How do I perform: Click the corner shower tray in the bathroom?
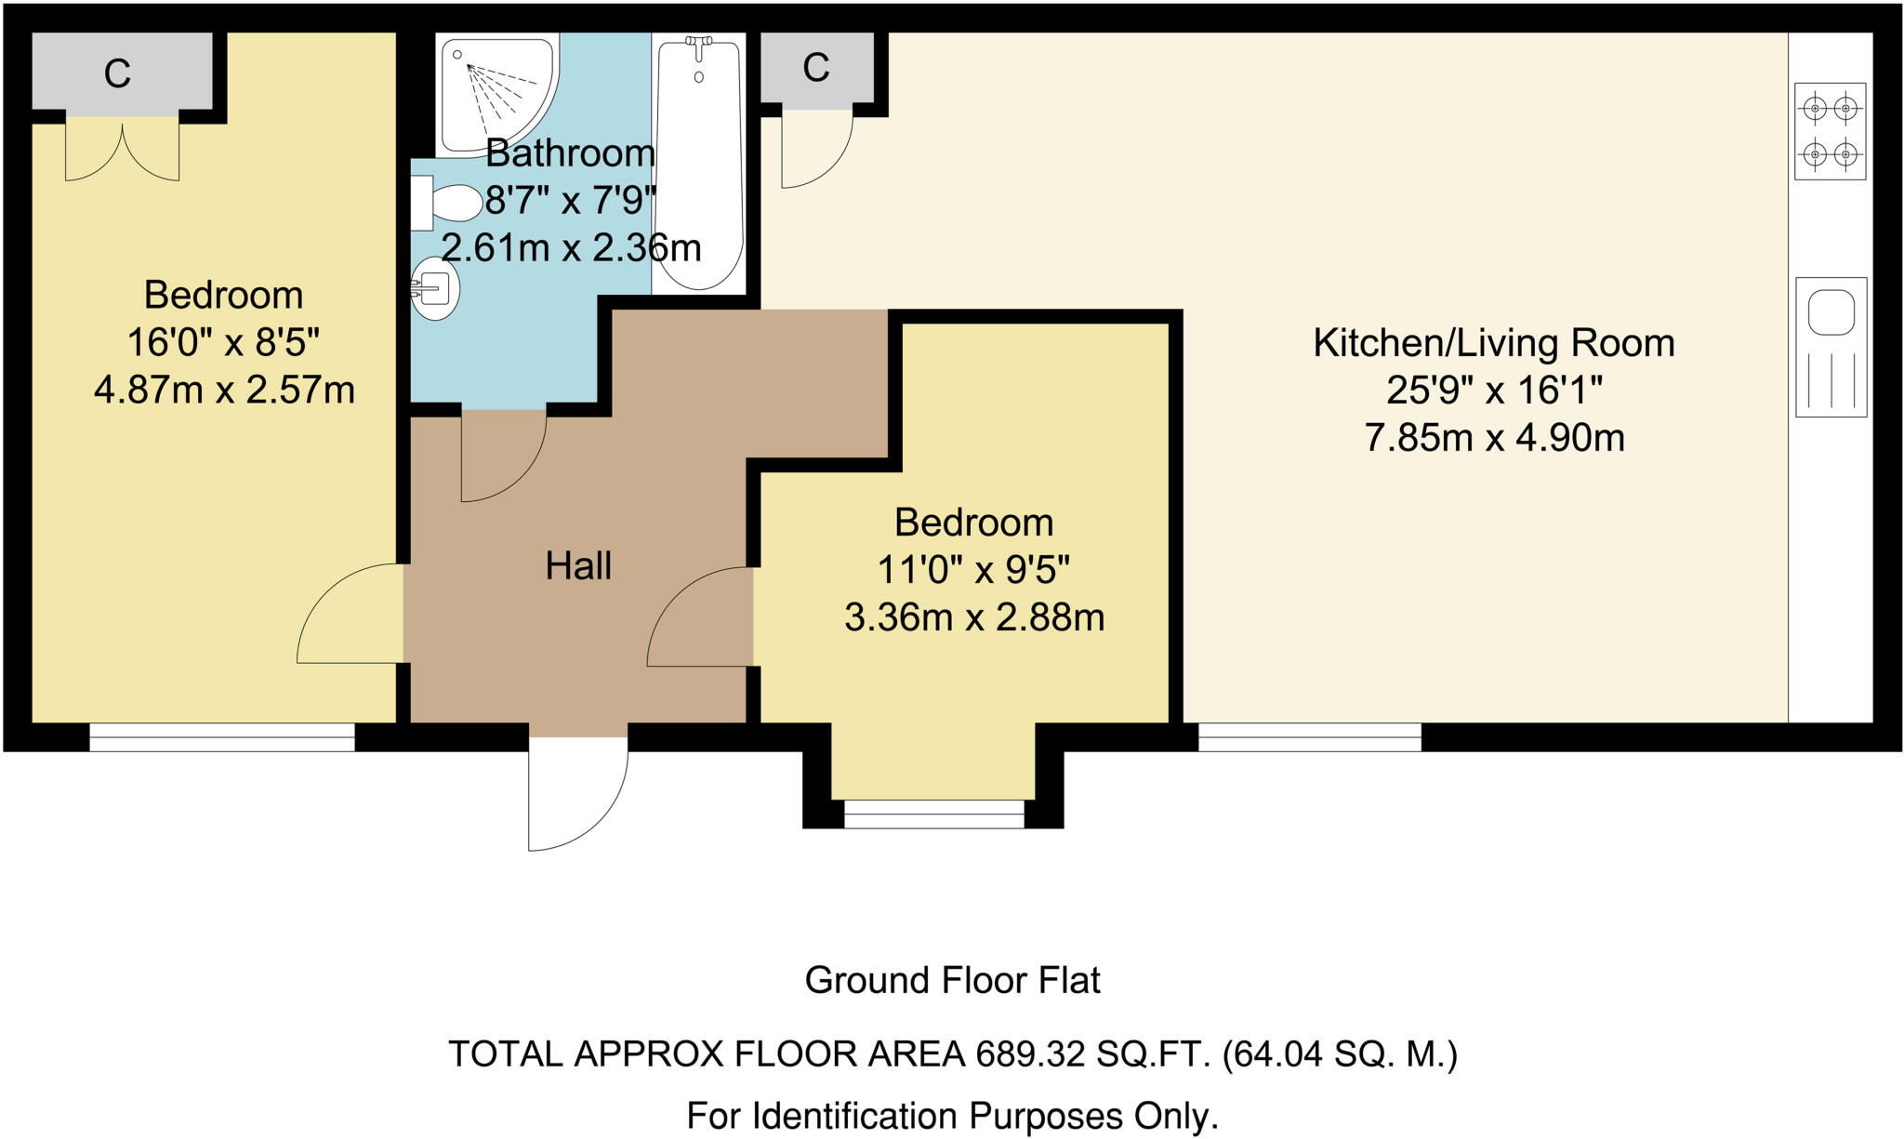pyautogui.click(x=493, y=88)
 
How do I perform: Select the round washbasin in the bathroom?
pyautogui.click(x=435, y=289)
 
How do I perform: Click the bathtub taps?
pyautogui.click(x=698, y=45)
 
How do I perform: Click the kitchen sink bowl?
pyautogui.click(x=1831, y=311)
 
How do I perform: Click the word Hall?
pyautogui.click(x=578, y=566)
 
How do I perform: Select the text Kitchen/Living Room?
pyautogui.click(x=1493, y=343)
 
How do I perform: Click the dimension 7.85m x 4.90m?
pyautogui.click(x=1493, y=438)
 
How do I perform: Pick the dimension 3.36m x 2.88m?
pyautogui.click(x=973, y=617)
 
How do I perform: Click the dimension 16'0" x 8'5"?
pyautogui.click(x=223, y=343)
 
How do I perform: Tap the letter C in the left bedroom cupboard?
pyautogui.click(x=117, y=73)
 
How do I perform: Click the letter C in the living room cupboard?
pyautogui.click(x=815, y=67)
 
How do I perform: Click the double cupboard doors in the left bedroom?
pyautogui.click(x=122, y=149)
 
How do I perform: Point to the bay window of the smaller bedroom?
pyautogui.click(x=933, y=815)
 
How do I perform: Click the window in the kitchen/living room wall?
pyautogui.click(x=1309, y=738)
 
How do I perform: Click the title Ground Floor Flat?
pyautogui.click(x=952, y=980)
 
